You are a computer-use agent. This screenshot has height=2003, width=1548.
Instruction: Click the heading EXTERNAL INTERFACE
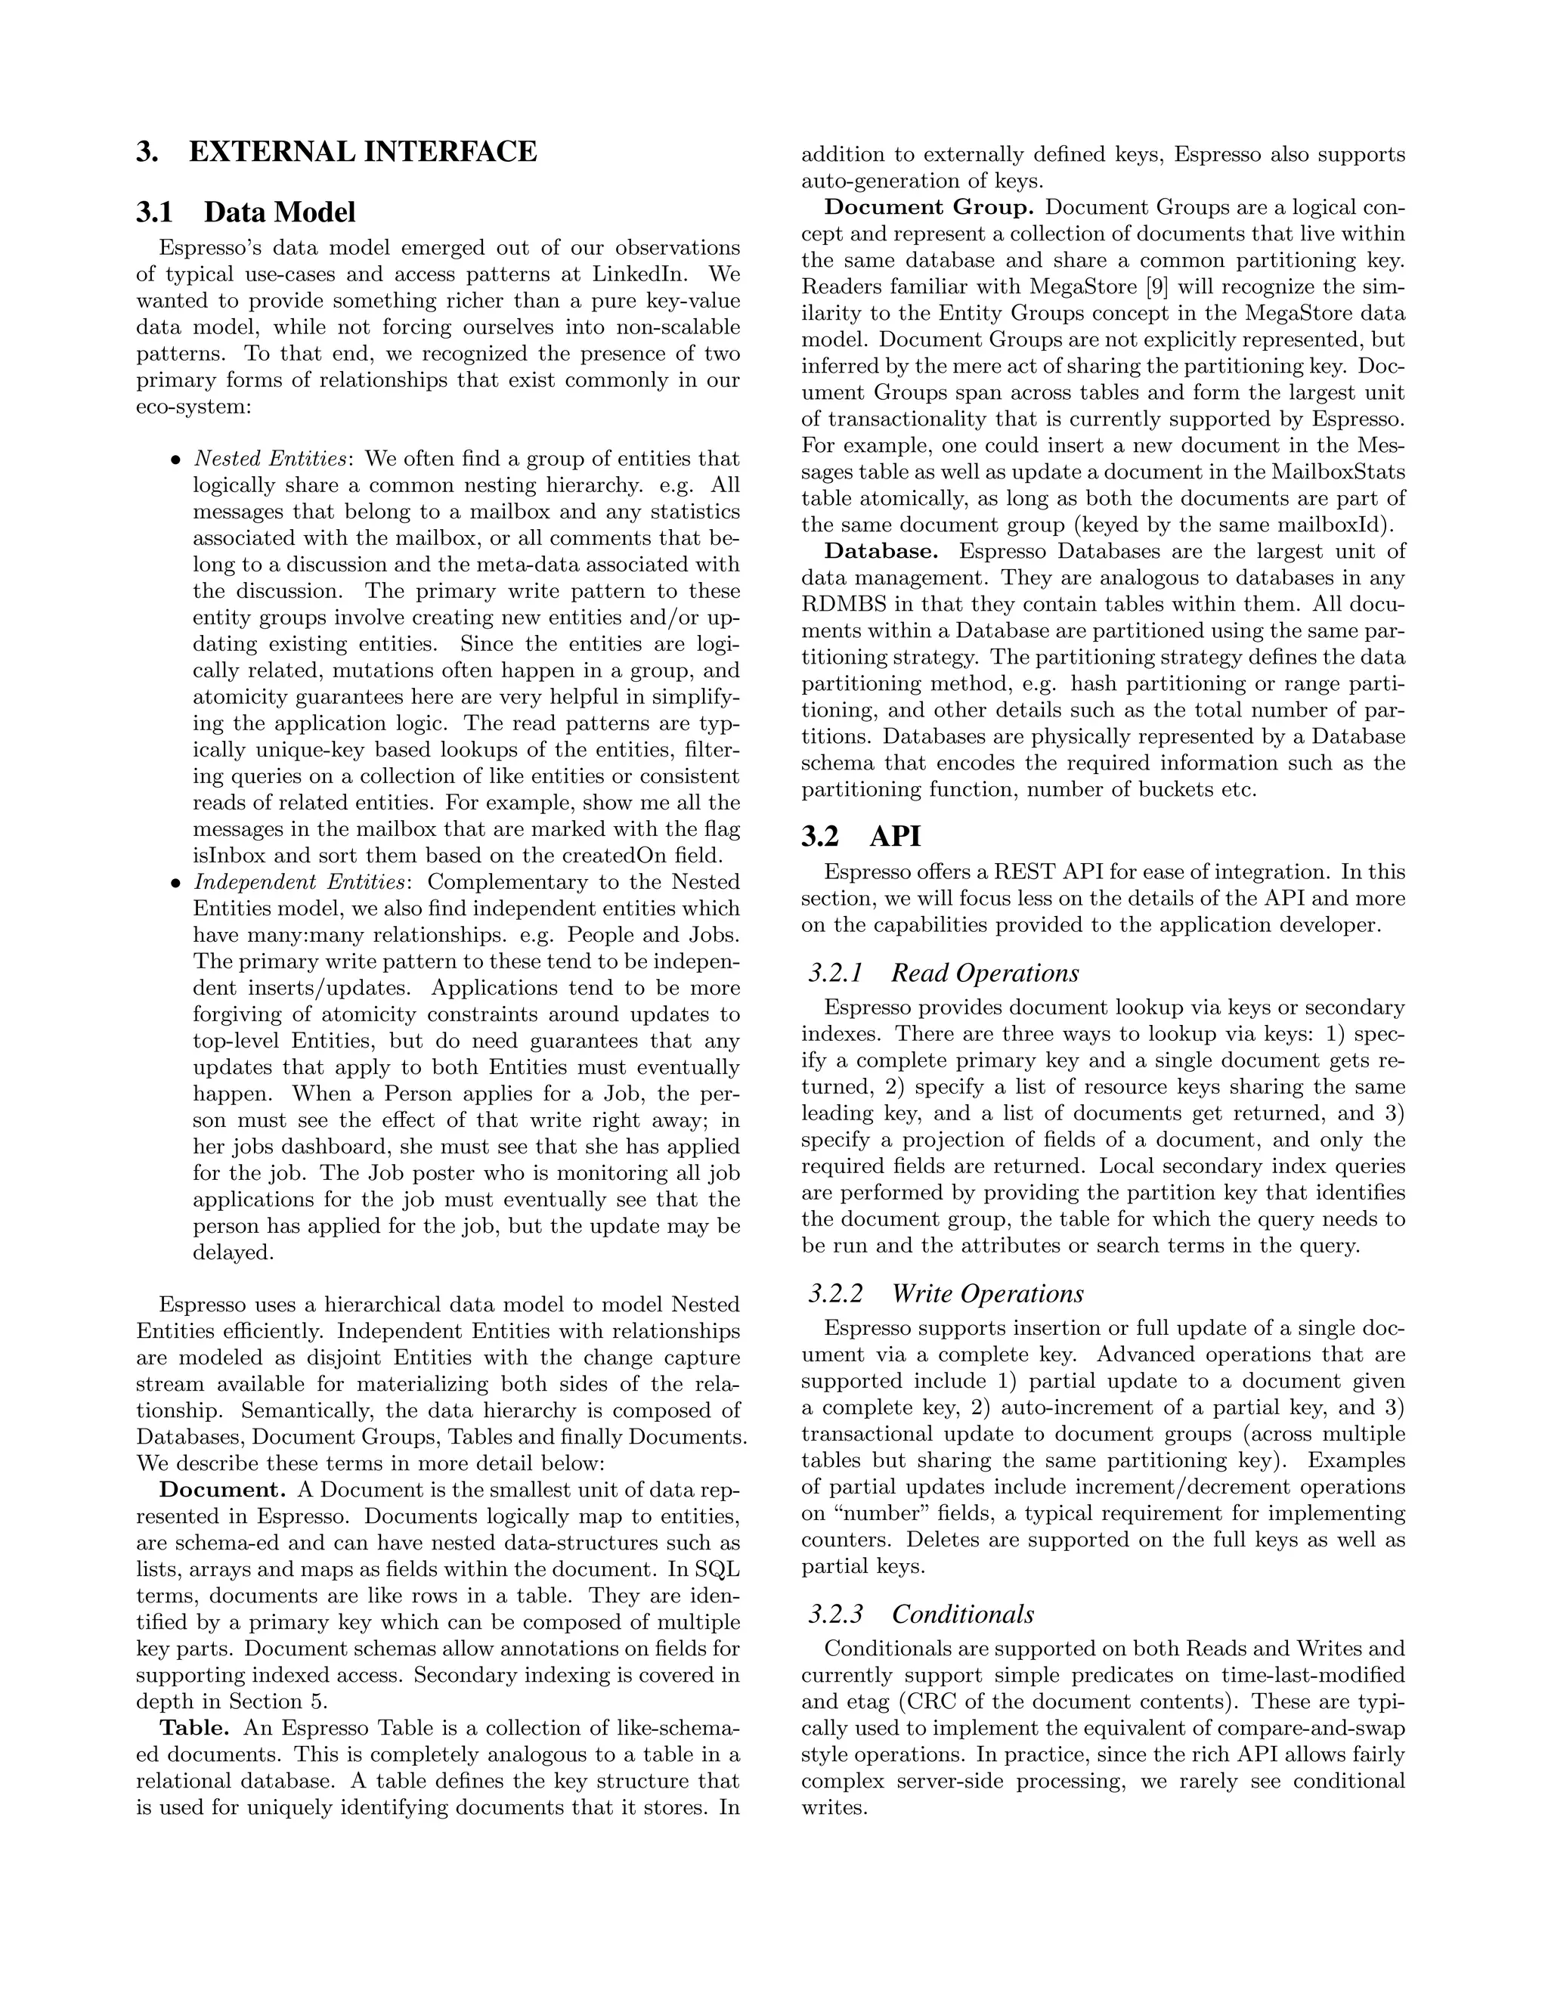pyautogui.click(x=362, y=151)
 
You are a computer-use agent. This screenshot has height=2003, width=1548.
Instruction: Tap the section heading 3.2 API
pyautogui.click(x=860, y=837)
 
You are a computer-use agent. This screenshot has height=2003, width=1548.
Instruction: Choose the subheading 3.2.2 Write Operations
pyautogui.click(x=946, y=1294)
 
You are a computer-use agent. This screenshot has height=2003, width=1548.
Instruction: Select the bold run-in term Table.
pyautogui.click(x=194, y=1729)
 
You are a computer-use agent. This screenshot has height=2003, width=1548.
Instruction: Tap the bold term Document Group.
pyautogui.click(x=929, y=207)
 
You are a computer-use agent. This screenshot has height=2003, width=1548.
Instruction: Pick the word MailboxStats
pyautogui.click(x=1338, y=472)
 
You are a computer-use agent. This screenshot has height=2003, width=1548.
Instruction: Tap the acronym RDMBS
pyautogui.click(x=844, y=605)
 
